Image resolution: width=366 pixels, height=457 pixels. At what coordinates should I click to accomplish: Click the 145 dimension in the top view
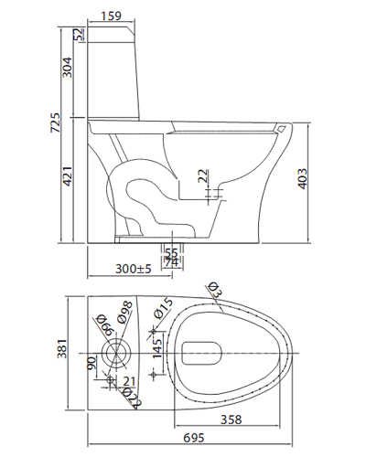coord(157,346)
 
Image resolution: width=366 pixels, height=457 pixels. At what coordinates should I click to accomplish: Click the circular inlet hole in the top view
coord(115,352)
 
